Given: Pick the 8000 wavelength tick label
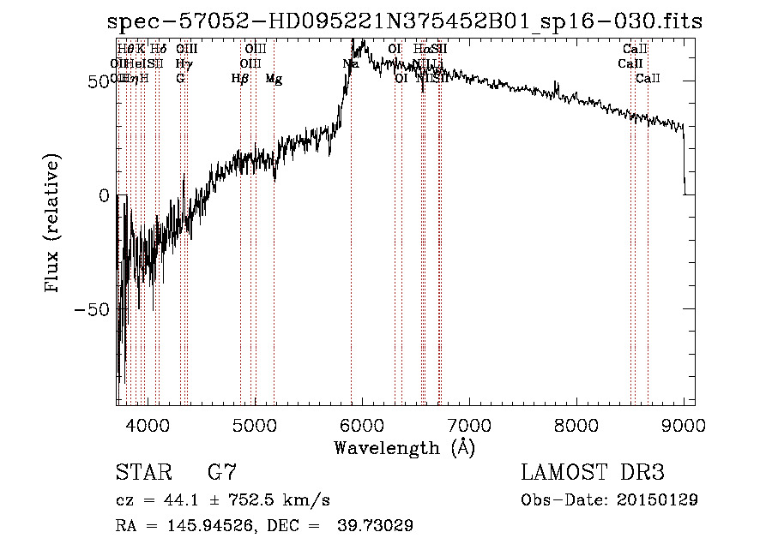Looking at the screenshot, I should pyautogui.click(x=576, y=424).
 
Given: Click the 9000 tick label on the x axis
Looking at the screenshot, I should pyautogui.click(x=683, y=424).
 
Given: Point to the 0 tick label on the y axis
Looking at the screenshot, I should pyautogui.click(x=103, y=195).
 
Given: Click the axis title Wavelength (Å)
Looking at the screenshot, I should pyautogui.click(x=404, y=447).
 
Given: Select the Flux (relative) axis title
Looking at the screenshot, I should pyautogui.click(x=53, y=224).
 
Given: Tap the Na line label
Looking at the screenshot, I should pyautogui.click(x=350, y=63).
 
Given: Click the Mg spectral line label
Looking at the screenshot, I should pyautogui.click(x=274, y=79).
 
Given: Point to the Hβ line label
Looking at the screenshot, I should pyautogui.click(x=240, y=79).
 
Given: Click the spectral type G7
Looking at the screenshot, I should pyautogui.click(x=221, y=473).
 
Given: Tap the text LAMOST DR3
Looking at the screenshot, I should pyautogui.click(x=592, y=473).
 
